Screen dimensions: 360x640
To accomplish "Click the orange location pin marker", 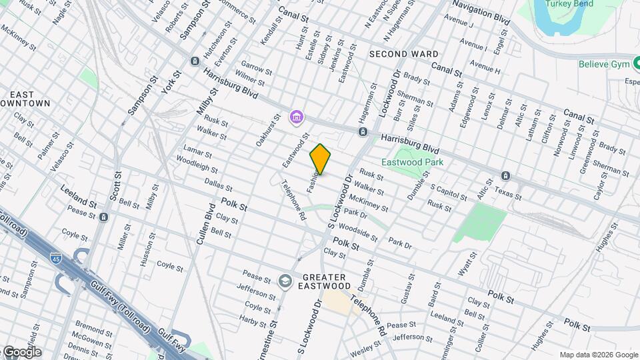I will point(320,159).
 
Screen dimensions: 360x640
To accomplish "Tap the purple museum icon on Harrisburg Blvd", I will point(296,119).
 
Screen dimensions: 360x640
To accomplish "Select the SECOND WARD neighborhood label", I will point(404,54).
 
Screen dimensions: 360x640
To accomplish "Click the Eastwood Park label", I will point(412,162).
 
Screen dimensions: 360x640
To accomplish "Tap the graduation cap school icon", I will point(285,281).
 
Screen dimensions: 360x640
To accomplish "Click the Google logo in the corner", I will point(21,352).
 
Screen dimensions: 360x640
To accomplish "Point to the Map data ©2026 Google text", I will point(598,355).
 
